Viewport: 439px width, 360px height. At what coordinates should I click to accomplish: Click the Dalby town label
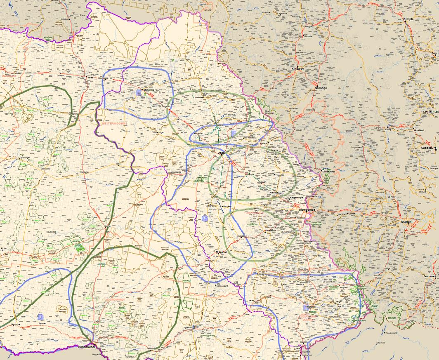pos(222,153)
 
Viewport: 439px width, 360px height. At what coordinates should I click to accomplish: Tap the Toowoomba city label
pos(307,210)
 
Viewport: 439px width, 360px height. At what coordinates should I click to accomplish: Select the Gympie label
pos(408,19)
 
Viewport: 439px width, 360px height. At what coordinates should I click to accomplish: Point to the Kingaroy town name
pos(297,68)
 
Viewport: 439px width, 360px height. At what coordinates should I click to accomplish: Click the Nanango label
pos(320,88)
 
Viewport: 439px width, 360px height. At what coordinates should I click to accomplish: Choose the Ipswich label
pos(406,221)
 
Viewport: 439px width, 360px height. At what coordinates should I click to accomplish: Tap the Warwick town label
pos(311,307)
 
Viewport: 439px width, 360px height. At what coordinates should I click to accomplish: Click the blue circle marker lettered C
pos(205,218)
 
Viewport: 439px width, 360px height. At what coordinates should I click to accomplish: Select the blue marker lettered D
pos(40,317)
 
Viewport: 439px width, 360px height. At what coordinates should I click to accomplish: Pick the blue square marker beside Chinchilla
pos(139,94)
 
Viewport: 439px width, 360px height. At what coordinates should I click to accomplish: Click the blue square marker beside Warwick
pos(305,307)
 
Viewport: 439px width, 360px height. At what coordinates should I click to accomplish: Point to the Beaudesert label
pos(430,276)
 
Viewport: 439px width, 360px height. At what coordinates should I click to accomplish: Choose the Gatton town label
pos(352,214)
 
